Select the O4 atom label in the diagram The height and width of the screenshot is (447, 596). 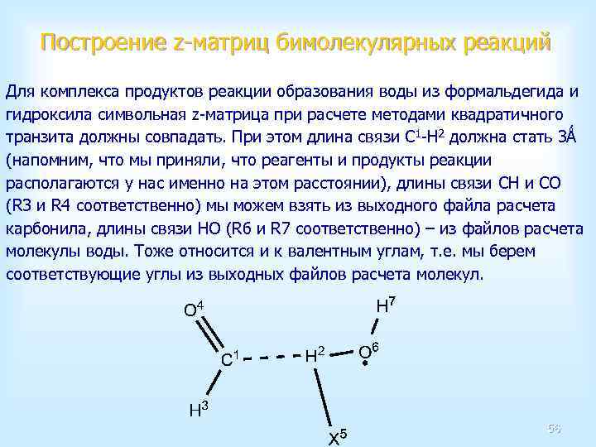tap(194, 310)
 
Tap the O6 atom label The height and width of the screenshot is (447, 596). tap(368, 353)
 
